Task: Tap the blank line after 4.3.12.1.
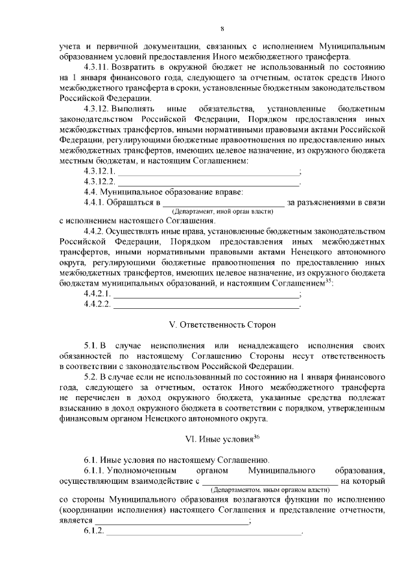point(207,172)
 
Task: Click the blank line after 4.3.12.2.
point(207,183)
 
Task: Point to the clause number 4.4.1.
point(95,203)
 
